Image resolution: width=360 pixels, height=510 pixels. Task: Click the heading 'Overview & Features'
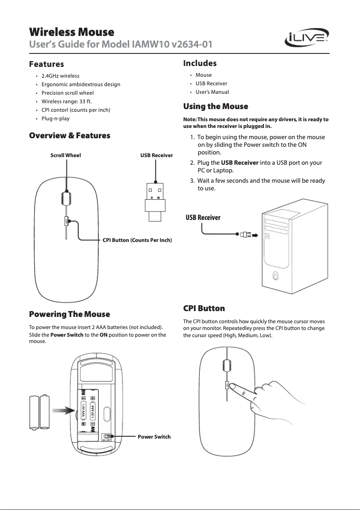70,135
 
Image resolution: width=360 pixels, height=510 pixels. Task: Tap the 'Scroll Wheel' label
66,155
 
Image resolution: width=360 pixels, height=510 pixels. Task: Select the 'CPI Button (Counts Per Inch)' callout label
137,241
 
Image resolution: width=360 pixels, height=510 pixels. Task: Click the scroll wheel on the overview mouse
66,197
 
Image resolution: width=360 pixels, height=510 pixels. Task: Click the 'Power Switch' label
154,436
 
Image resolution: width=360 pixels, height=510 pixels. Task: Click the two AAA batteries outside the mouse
40,412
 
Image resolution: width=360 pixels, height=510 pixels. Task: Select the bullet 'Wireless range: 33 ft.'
66,101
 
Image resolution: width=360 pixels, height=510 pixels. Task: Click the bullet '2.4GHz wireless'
60,76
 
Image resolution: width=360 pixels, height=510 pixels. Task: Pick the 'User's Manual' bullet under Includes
212,92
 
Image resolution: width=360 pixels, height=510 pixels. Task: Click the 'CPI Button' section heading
204,308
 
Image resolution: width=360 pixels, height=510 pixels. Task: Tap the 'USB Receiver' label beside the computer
203,218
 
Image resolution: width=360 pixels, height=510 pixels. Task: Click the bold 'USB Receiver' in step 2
240,162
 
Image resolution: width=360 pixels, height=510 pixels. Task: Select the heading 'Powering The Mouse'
70,313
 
